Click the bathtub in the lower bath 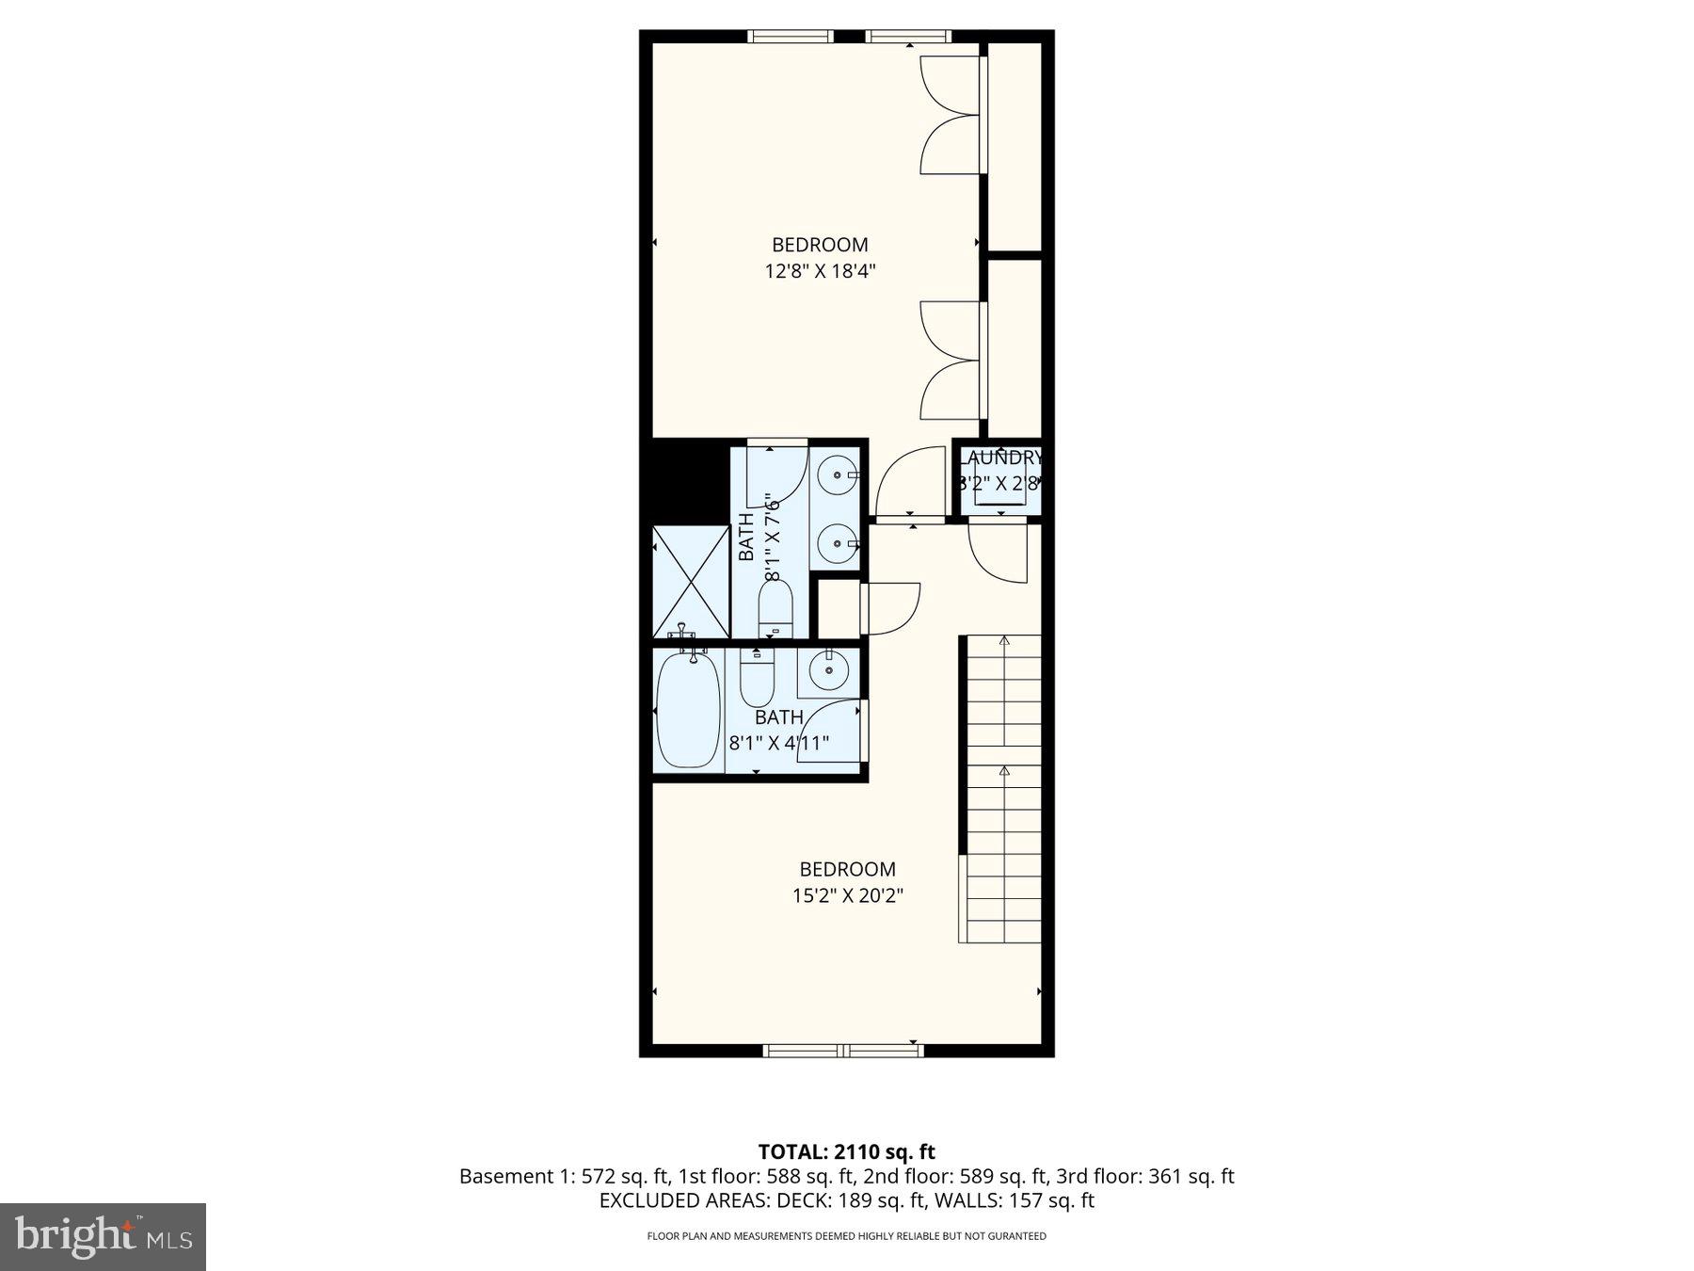click(x=688, y=711)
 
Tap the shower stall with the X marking click(x=691, y=582)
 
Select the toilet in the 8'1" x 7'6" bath click(x=776, y=607)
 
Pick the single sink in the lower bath click(x=829, y=671)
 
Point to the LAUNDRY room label click(x=999, y=459)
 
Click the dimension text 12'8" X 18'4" click(x=820, y=272)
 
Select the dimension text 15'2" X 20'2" click(x=847, y=895)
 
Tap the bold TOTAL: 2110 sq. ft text click(x=846, y=1151)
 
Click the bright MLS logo click(x=103, y=1236)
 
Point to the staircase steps click(x=1004, y=791)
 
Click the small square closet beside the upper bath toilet click(x=837, y=609)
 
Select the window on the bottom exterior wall click(x=843, y=1050)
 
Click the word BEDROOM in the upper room click(x=820, y=245)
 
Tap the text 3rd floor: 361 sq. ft click(x=1145, y=1176)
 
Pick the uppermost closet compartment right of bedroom click(x=1014, y=146)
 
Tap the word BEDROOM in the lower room click(x=847, y=869)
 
